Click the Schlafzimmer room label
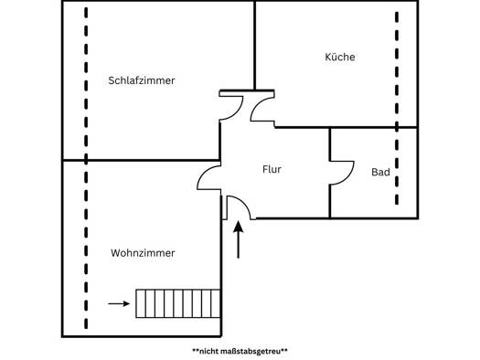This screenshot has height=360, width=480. point(142,80)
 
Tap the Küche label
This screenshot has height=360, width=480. point(340,57)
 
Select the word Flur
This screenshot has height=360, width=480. point(272,169)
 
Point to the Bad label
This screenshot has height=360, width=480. point(380,172)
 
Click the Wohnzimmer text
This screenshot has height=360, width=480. point(143,253)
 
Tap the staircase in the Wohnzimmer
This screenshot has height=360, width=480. point(178,303)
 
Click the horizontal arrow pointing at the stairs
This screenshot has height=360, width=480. point(119,303)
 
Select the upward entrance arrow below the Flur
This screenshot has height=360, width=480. point(238,239)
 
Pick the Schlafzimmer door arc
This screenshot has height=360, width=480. point(238,111)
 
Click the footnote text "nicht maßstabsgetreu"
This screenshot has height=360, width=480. point(240,351)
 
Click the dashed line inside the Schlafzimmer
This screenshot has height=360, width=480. point(86,82)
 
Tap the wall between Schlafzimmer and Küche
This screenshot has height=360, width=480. point(254,46)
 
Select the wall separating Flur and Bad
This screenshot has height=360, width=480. point(330,173)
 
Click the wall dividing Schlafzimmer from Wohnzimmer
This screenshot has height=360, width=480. point(141,160)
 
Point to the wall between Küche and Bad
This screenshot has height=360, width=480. point(374,127)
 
